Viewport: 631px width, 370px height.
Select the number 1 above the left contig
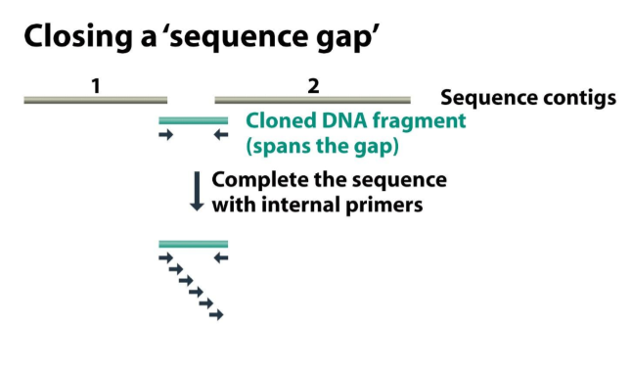95,86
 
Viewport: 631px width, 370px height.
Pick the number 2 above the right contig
313,86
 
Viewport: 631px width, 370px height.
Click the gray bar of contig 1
95,99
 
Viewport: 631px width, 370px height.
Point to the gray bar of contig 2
312,99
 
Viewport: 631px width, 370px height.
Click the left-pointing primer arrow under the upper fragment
221,135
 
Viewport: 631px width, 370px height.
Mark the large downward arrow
196,192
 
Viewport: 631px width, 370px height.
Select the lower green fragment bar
193,244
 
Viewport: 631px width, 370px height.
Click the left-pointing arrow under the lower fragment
221,257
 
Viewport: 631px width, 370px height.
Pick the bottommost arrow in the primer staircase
217,315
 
